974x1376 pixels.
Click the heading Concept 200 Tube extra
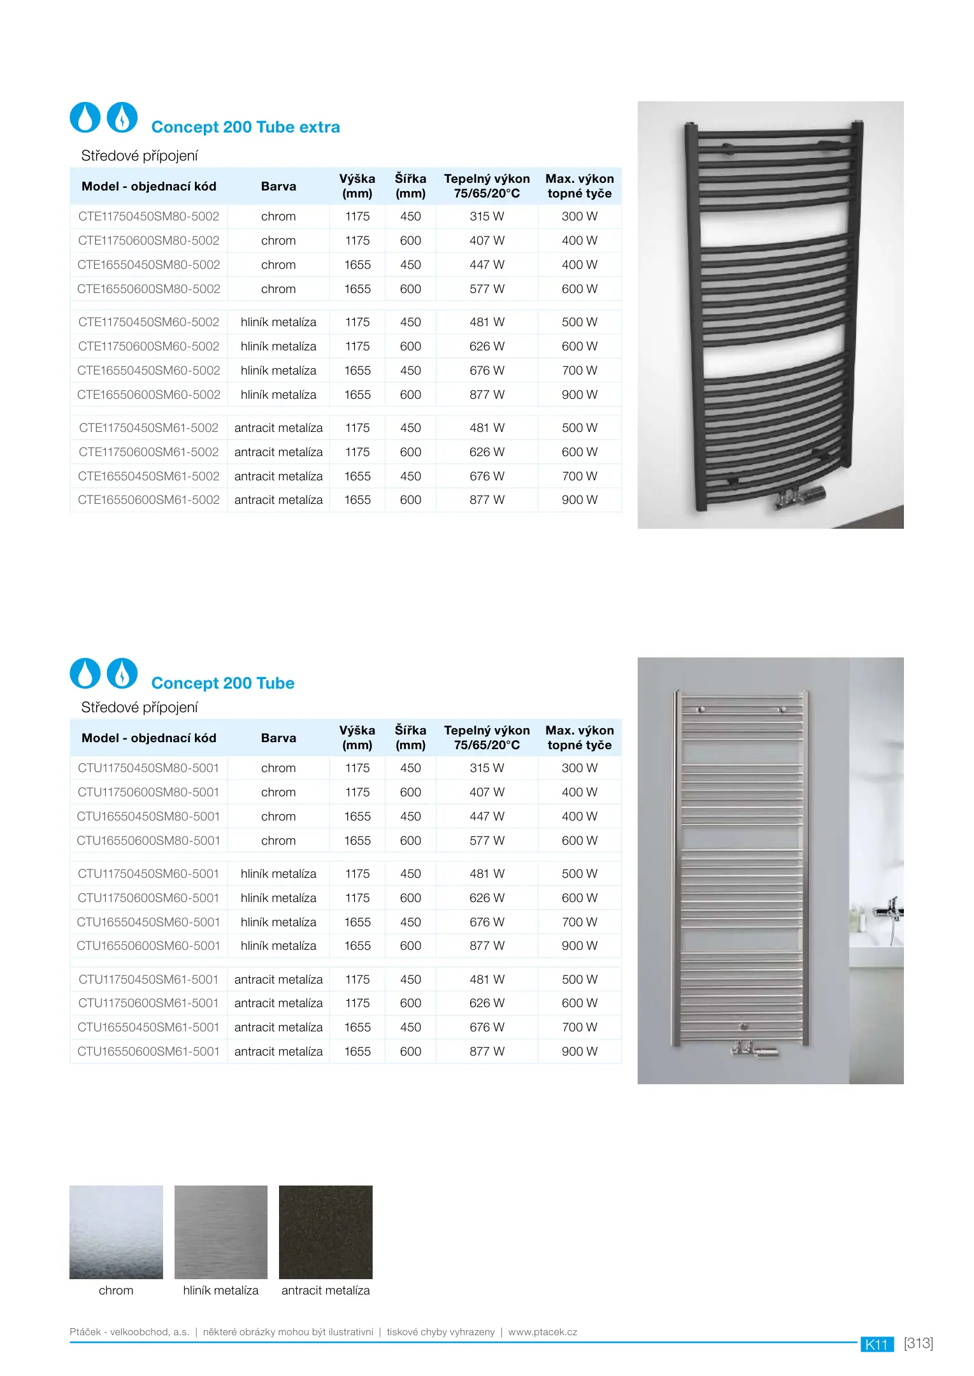[245, 127]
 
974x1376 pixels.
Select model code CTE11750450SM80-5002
[148, 217]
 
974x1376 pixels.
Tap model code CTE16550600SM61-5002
[148, 500]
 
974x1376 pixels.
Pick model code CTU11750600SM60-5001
[148, 898]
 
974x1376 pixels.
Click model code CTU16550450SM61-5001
[148, 1027]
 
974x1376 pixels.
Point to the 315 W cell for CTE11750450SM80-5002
[487, 217]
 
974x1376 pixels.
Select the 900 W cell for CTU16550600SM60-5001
[579, 946]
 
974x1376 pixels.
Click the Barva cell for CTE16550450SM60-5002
[278, 370]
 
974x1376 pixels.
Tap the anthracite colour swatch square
[326, 1232]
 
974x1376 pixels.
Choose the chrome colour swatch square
[116, 1232]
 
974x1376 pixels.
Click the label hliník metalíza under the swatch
[220, 1290]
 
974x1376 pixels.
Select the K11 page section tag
[877, 1344]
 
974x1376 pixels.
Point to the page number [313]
[918, 1343]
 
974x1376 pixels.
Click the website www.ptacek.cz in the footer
[542, 1332]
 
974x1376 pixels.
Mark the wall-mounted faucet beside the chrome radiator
[891, 910]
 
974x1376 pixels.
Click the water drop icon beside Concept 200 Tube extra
[85, 117]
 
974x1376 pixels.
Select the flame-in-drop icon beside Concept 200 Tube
[122, 673]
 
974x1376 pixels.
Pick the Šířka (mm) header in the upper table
[410, 186]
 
